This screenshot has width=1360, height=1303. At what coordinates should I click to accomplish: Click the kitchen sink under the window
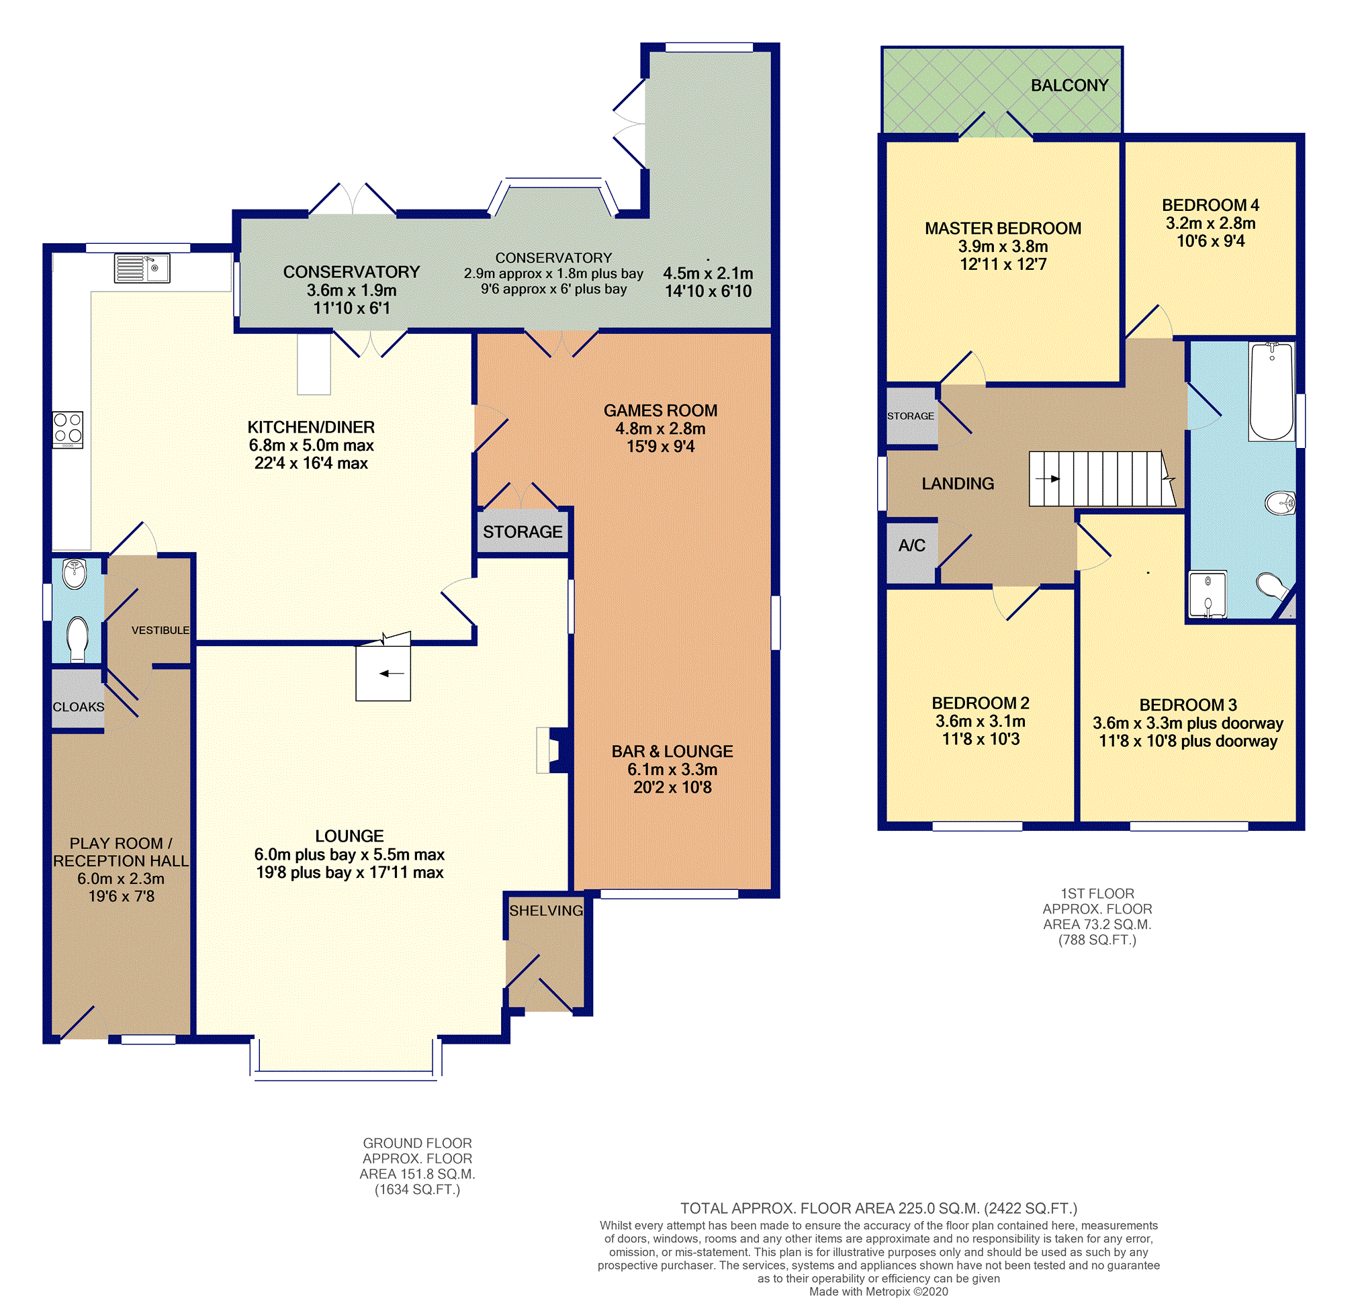(142, 269)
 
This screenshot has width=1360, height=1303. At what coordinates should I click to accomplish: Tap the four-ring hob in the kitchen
(67, 429)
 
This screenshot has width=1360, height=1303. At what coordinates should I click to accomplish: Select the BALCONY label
(1069, 85)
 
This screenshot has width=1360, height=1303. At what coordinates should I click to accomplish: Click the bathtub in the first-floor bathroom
(1271, 392)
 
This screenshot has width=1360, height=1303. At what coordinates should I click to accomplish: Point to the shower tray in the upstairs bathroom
(1208, 594)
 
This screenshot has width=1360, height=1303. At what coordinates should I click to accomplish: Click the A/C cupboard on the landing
(912, 552)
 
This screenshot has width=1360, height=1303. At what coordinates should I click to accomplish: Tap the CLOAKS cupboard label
(79, 707)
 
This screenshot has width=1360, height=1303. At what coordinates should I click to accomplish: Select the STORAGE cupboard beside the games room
(523, 531)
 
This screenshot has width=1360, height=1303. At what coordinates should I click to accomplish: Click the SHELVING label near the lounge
(546, 910)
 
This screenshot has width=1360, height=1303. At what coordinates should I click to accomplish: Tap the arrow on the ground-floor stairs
(392, 673)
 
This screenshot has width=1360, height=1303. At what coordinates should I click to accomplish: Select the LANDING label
(958, 484)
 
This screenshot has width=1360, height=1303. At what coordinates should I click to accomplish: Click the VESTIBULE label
(161, 630)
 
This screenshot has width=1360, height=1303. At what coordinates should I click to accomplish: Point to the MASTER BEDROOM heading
(1003, 228)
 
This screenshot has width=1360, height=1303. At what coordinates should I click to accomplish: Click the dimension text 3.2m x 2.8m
(1211, 224)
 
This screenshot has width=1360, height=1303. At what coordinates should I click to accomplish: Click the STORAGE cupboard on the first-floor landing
(912, 416)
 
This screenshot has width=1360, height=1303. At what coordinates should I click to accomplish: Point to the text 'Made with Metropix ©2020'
(878, 1291)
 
